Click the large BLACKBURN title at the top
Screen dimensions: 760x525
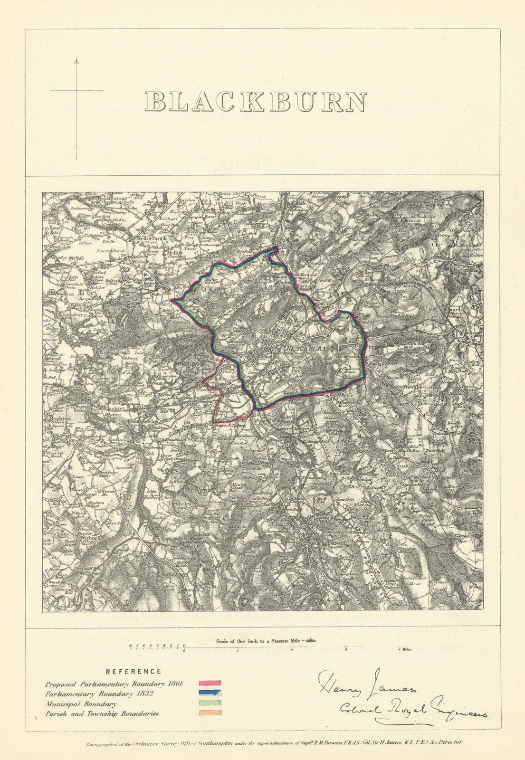click(x=256, y=102)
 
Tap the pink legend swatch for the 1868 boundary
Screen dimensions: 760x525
click(x=209, y=684)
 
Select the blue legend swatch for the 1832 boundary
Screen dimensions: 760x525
click(x=209, y=693)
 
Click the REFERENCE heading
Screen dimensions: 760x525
click(x=133, y=672)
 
